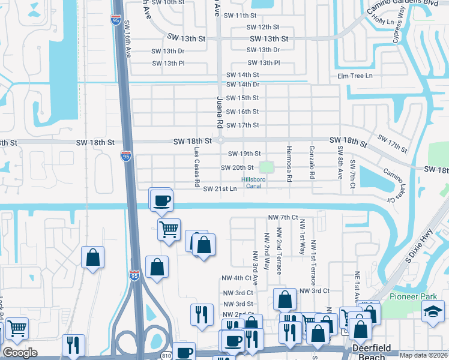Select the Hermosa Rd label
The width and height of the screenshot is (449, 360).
(289, 163)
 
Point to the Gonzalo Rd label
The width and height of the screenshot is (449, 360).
(312, 163)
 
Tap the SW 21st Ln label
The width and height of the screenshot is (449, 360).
(220, 189)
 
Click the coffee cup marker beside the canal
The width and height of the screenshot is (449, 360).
(161, 200)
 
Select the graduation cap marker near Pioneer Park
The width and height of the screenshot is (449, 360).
(433, 312)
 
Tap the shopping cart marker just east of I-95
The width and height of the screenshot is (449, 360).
(169, 229)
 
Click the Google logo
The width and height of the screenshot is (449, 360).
(20, 353)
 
